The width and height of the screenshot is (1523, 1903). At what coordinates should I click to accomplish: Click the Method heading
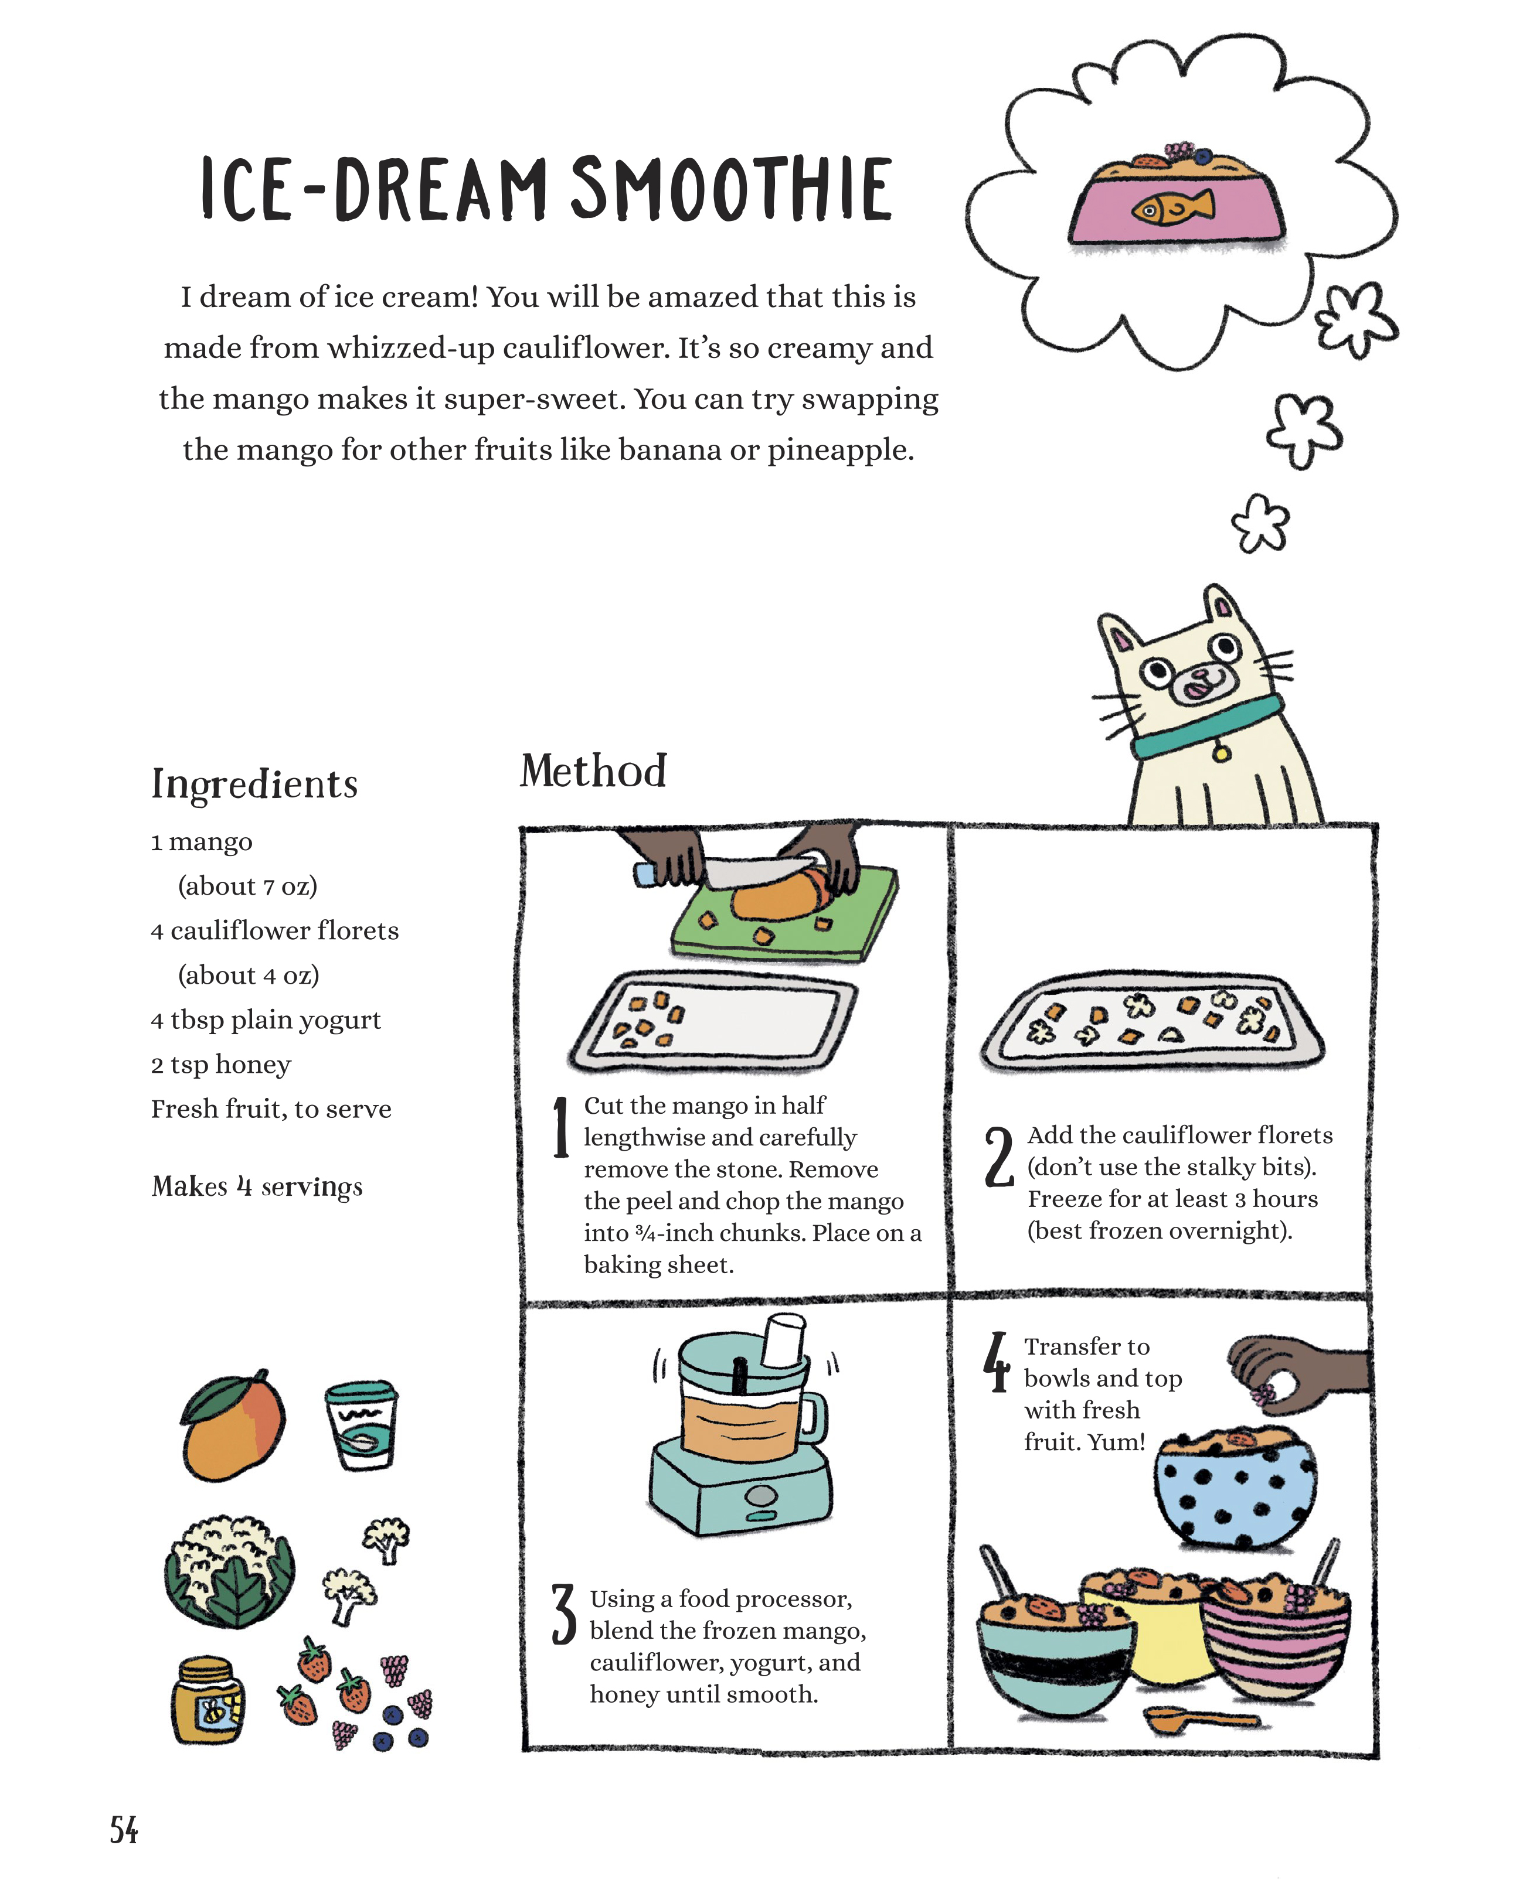pos(593,770)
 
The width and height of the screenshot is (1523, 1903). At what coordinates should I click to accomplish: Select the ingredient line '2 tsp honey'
pos(221,1065)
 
